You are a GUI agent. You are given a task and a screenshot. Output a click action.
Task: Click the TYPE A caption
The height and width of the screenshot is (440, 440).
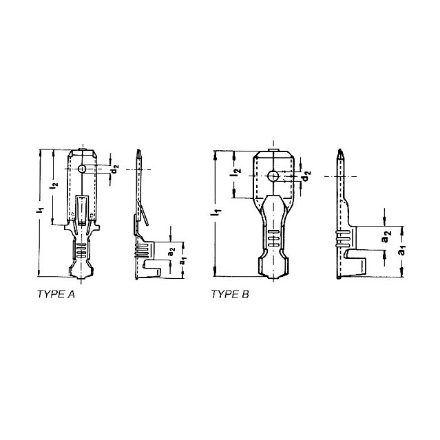pyautogui.click(x=56, y=294)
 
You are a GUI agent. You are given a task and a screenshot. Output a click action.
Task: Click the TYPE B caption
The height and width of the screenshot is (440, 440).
pyautogui.click(x=230, y=294)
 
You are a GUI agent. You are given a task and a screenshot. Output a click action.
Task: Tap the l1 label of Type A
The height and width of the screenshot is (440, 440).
pyautogui.click(x=41, y=210)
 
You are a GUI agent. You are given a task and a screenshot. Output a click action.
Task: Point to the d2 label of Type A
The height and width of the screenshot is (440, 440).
pyautogui.click(x=115, y=170)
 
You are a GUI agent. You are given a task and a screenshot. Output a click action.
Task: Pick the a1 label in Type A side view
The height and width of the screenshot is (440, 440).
pyautogui.click(x=183, y=261)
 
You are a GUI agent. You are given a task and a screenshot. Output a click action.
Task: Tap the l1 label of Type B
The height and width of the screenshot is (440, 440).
pyautogui.click(x=217, y=212)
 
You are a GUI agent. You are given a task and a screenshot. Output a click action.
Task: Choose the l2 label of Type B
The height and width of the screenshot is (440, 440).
pyautogui.click(x=235, y=171)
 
